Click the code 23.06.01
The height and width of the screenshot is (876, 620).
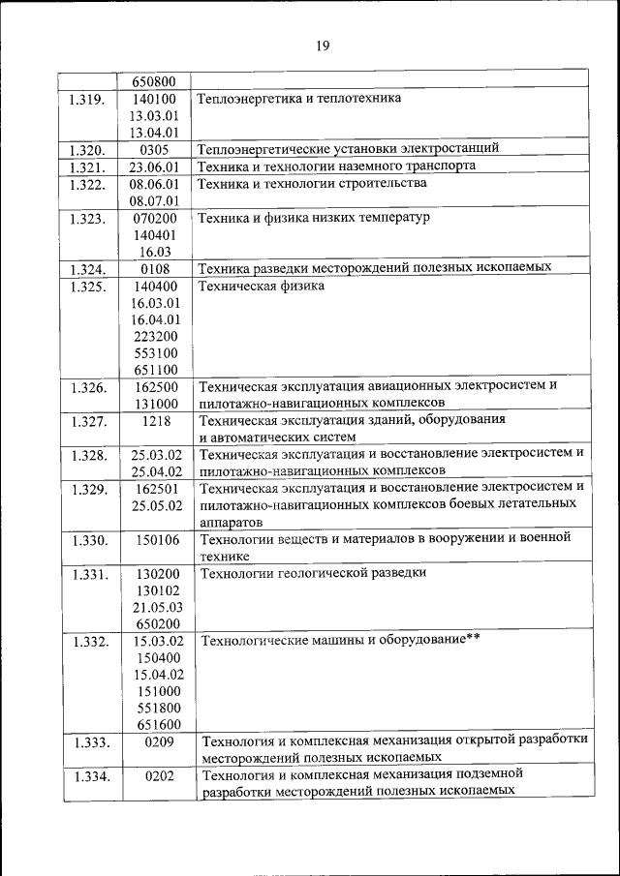pyautogui.click(x=155, y=166)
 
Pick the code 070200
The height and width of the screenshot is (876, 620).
pyautogui.click(x=155, y=218)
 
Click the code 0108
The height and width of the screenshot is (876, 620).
pyautogui.click(x=155, y=268)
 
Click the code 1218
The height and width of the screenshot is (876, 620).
pyautogui.click(x=155, y=421)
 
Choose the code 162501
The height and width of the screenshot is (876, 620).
pyautogui.click(x=155, y=489)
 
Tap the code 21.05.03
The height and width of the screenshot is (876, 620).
pyautogui.click(x=155, y=607)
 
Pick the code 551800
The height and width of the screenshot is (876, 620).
pyautogui.click(x=155, y=708)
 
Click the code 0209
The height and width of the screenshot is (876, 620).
pyautogui.click(x=155, y=742)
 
